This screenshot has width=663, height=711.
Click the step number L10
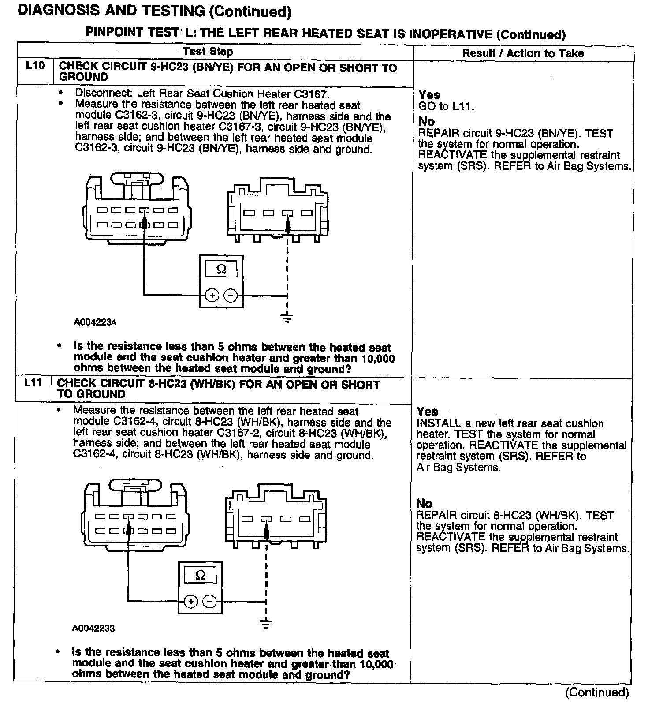coord(35,66)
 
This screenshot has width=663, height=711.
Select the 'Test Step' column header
coord(208,52)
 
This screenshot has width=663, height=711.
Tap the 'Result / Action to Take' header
coord(523,53)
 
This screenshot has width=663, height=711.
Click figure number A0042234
coord(95,322)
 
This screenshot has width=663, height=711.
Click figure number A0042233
coord(93,628)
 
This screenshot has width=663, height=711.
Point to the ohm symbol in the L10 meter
coord(221,269)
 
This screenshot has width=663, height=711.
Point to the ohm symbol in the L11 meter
coord(200,576)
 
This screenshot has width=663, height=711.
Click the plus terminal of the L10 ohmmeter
coord(212,295)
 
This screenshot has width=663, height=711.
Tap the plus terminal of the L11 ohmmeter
coord(190,601)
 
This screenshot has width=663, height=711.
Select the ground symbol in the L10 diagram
coord(287,318)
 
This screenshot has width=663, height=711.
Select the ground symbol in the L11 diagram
coord(266,624)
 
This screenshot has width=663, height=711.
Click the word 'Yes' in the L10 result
coord(429,95)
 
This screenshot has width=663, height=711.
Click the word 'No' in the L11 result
coord(424,503)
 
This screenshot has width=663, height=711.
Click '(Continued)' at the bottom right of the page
coord(597,692)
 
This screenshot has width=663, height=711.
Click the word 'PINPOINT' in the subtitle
coord(114,32)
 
